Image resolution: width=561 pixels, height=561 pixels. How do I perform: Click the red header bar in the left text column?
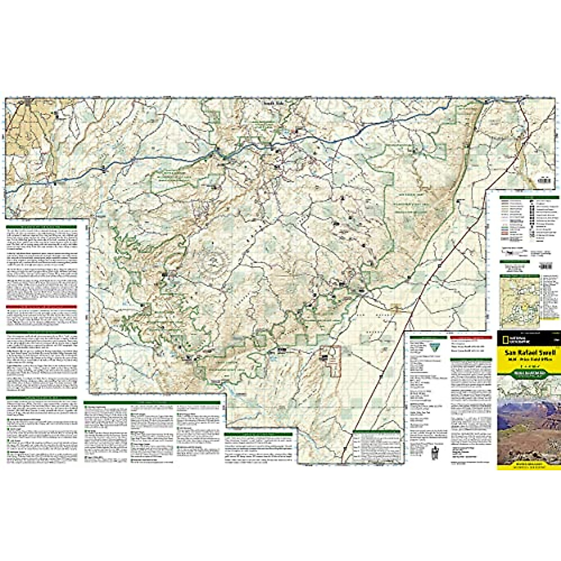(41, 307)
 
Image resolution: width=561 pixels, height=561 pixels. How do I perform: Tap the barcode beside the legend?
(546, 266)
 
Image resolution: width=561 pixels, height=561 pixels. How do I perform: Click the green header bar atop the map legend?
(529, 198)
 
